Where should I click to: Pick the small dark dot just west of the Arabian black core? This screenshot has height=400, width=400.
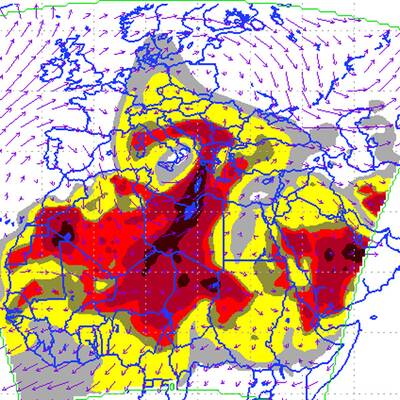329,255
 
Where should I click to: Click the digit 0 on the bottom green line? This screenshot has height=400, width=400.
172,385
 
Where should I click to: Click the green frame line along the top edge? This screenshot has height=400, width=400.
200,3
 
